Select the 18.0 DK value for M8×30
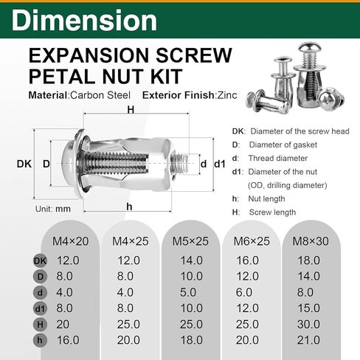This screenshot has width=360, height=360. coord(308,260)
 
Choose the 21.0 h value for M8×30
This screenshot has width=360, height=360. coord(308,340)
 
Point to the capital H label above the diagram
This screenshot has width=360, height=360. coord(131,109)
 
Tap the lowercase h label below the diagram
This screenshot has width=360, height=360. coord(129,207)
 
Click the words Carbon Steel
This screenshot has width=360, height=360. coord(99,94)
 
